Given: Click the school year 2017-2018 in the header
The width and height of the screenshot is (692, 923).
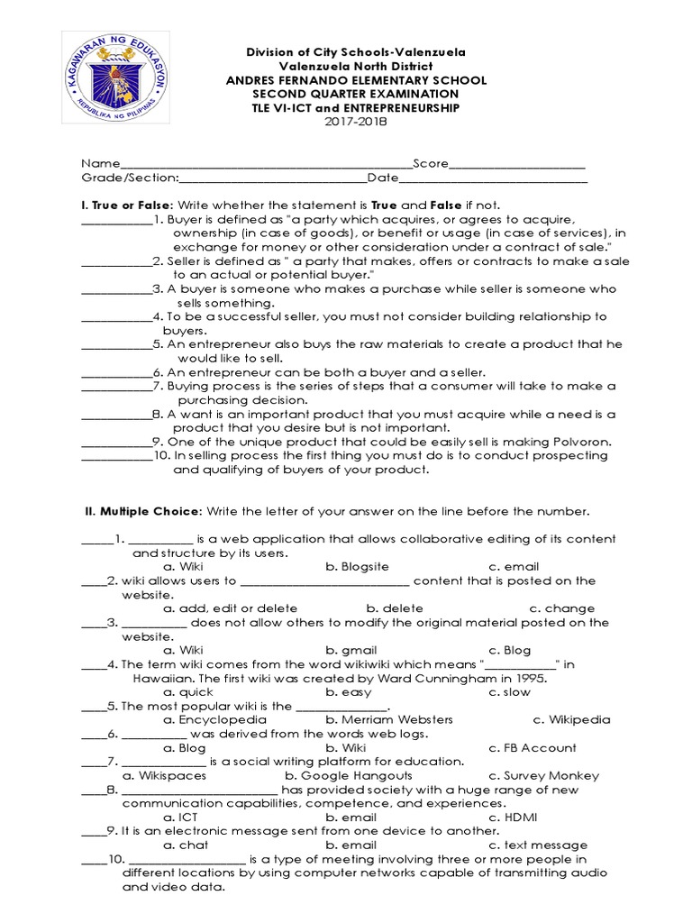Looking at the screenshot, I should click(355, 122).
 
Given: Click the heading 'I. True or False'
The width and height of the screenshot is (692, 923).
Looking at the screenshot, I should click(127, 206).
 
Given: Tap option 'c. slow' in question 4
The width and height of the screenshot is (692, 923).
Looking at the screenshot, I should click(512, 692).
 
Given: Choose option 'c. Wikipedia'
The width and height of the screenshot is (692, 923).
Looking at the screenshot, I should click(571, 720).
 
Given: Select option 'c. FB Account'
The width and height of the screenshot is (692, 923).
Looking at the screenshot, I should click(533, 748).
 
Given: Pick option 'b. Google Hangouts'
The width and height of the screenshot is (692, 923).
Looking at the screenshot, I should click(349, 775).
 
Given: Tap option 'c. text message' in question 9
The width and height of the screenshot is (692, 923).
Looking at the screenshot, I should click(538, 845).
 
